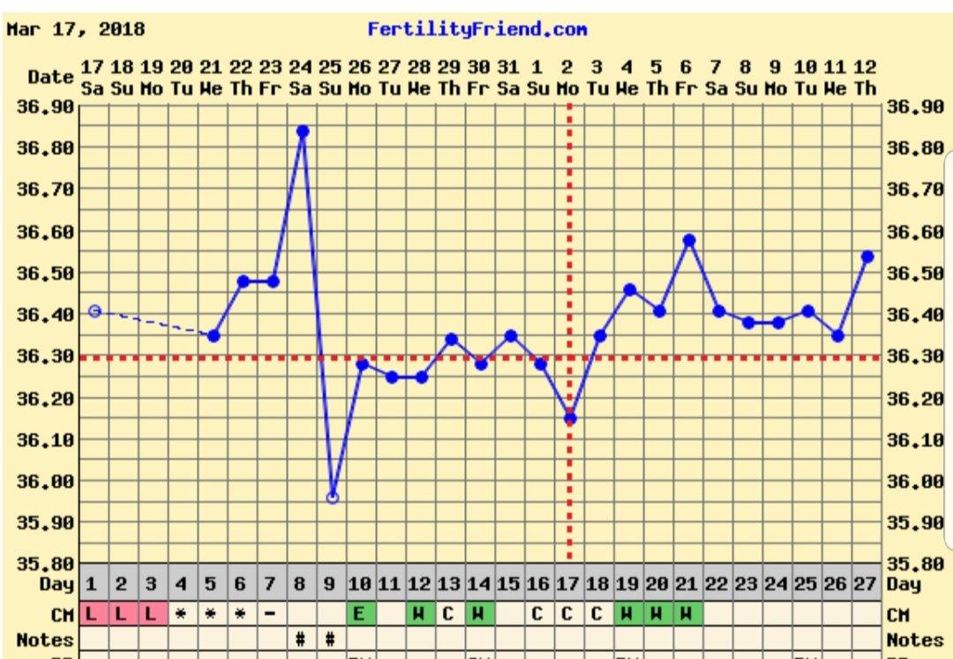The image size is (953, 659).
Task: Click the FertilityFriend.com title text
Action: click(477, 29)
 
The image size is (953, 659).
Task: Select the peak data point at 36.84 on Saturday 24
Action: click(303, 131)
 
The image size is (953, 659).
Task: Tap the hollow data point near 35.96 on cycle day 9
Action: click(333, 498)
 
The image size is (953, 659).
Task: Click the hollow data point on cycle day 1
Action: click(94, 311)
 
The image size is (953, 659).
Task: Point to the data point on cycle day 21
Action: click(689, 240)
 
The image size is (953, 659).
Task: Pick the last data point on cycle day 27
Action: click(867, 257)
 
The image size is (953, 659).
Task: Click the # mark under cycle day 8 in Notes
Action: click(302, 639)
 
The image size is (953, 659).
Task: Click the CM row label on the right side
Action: click(899, 614)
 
